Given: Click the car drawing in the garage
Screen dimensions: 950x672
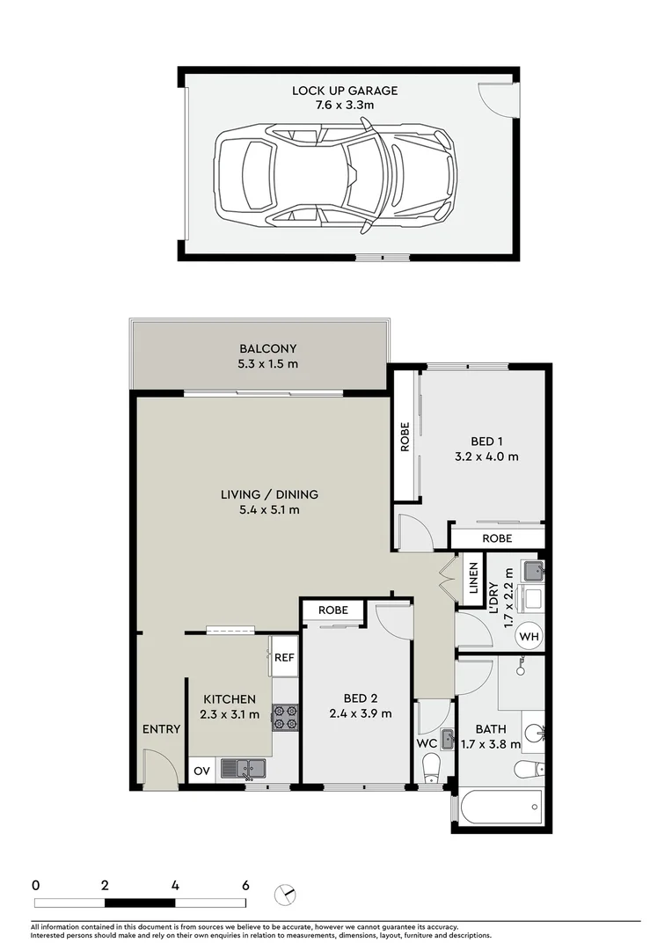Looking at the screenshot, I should click(336, 172).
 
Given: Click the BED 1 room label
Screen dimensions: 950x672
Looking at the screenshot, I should click(486, 449).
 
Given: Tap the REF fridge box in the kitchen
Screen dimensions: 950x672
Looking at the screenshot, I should click(283, 657).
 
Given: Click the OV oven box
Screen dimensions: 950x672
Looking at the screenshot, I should click(201, 771).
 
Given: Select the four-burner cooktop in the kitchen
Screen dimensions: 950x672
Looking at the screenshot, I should click(285, 718).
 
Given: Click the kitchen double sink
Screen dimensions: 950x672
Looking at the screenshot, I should click(244, 769).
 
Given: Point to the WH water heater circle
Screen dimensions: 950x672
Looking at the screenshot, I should click(530, 636).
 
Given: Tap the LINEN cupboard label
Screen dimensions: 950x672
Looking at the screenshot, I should click(472, 581).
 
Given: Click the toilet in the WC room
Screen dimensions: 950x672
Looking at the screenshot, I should click(432, 771).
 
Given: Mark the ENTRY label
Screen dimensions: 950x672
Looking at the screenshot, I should click(161, 729).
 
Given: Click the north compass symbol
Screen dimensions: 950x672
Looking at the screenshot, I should click(286, 894).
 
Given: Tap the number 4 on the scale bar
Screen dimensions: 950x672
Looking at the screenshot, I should click(176, 885).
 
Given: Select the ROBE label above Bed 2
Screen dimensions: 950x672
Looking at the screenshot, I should click(332, 610).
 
